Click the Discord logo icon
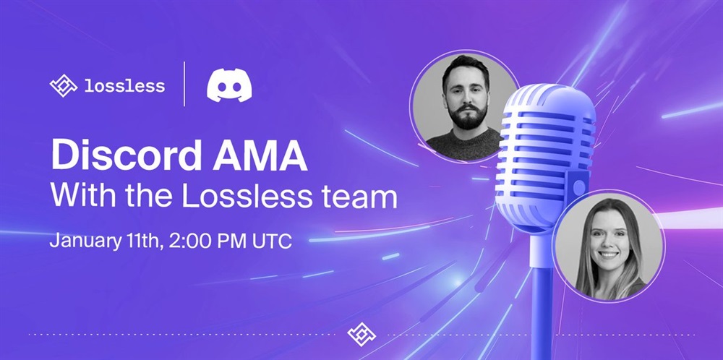coord(229,85)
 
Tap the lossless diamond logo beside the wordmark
coord(64,86)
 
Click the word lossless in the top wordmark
coord(124,86)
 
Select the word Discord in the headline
coord(126,156)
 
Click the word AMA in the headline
coord(260,156)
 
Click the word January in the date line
coord(84,241)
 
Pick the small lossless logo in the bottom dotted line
coord(361,334)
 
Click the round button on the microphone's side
coord(580,187)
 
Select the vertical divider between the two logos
coord(185,85)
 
